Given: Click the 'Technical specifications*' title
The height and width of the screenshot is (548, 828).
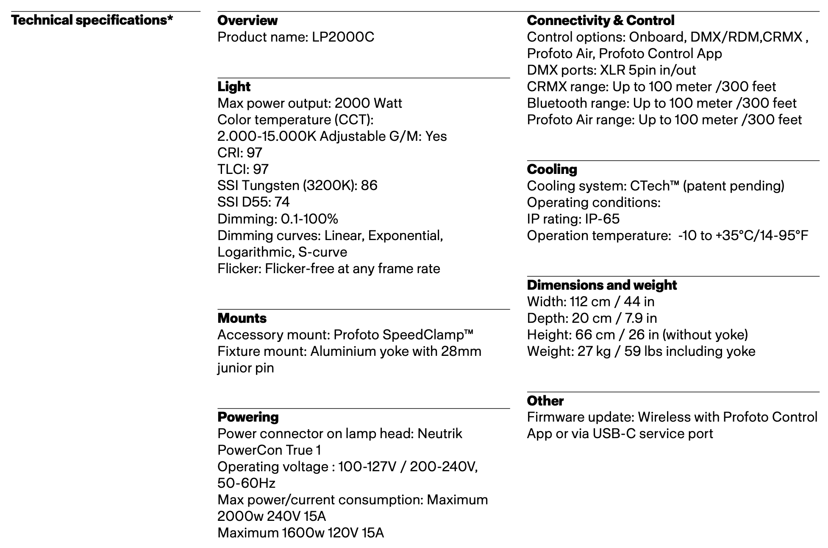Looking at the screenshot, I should click(92, 20).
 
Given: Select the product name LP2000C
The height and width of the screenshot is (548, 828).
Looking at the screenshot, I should click(343, 37).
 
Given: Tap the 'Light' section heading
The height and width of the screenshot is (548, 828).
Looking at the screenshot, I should click(234, 87).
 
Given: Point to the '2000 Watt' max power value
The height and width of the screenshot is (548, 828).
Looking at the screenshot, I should click(368, 103).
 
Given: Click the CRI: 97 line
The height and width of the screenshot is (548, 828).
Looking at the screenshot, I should click(240, 153).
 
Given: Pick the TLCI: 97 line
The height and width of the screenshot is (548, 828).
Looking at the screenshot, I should click(243, 169).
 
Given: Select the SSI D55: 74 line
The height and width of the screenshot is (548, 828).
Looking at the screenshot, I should click(253, 202).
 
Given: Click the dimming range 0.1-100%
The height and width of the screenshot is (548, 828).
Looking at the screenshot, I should click(309, 219).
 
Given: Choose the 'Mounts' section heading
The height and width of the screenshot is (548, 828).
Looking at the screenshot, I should click(242, 318).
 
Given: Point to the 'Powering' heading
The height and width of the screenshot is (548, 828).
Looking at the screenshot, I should click(248, 417).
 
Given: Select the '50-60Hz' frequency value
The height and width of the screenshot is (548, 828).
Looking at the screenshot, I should click(246, 483).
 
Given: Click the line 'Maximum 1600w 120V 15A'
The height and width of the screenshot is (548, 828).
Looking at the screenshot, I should click(300, 533).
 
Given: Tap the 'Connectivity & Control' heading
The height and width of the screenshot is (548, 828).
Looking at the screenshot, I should click(600, 20).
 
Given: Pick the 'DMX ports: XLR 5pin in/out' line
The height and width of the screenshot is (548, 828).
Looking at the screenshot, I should click(611, 70).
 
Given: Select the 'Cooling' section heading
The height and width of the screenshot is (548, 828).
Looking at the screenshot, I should click(552, 169).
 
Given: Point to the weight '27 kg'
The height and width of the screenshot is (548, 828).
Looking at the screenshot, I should click(594, 351).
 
